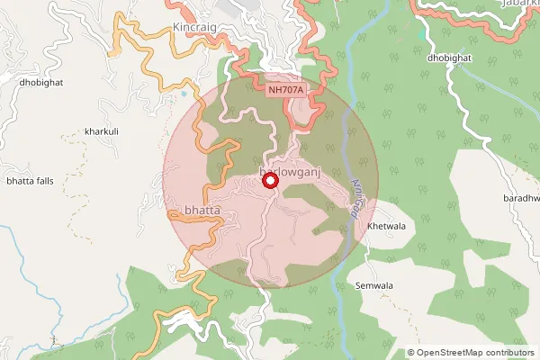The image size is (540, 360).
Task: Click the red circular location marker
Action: [269, 181]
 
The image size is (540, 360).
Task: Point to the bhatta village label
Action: [202, 211]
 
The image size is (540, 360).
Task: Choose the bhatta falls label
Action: [31, 181]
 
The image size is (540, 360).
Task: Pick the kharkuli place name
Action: [101, 131]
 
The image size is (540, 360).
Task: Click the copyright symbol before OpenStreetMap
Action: [411, 353]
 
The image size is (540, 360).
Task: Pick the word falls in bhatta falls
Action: [45, 181]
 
